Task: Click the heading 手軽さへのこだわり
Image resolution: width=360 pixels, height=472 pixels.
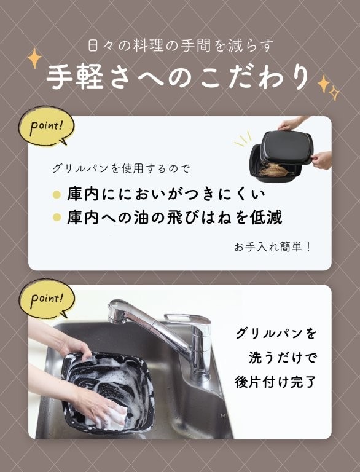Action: point(178,77)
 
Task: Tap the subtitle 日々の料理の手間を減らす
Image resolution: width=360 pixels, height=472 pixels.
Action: point(181,45)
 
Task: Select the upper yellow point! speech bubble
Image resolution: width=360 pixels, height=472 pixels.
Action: point(46,126)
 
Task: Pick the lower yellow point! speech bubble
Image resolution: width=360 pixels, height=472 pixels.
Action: point(46,299)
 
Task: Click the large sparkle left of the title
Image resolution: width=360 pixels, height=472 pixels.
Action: point(34,58)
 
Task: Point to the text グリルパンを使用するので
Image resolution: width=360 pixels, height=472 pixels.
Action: point(121,168)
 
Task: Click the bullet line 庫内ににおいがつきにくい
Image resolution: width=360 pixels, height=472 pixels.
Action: point(166,194)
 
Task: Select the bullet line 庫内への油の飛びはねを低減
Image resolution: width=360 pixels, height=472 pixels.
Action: point(174,218)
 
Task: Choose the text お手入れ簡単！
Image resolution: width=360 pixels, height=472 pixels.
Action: point(272,247)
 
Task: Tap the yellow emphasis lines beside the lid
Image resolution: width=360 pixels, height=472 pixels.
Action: point(243,140)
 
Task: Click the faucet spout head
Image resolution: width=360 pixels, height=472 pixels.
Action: point(118,311)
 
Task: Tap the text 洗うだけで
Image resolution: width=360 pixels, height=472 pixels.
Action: point(283,358)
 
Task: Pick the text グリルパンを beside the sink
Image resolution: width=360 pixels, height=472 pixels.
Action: point(276,334)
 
